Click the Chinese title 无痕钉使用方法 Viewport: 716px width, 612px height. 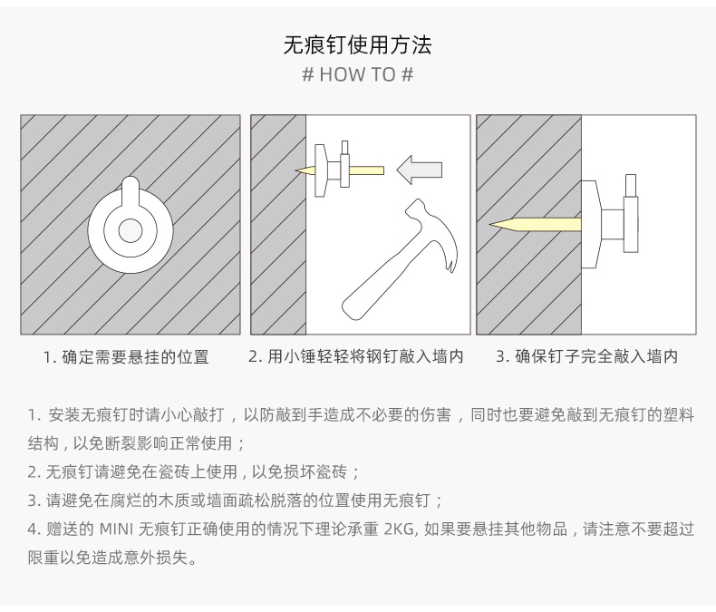tap(357, 44)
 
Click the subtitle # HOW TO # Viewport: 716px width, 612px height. tap(357, 74)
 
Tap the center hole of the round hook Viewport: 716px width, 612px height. tap(131, 230)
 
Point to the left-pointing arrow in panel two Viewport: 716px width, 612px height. tap(420, 170)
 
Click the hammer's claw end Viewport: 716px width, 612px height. tap(449, 256)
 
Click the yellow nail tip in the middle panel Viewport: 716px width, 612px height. tap(302, 170)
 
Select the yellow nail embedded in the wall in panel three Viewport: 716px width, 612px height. tap(535, 224)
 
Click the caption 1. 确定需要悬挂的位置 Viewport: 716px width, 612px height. tap(126, 357)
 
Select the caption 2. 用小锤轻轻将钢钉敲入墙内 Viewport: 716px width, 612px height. tap(356, 356)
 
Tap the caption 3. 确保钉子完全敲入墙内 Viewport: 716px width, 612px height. tap(587, 356)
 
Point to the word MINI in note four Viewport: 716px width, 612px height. tap(116, 529)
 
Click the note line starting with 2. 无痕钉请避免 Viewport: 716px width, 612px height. tap(194, 471)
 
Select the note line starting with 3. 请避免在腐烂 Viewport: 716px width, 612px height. tap(235, 500)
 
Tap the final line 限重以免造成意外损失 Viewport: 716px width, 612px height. tap(112, 558)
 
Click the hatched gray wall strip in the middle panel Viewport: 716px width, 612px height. tap(278, 224)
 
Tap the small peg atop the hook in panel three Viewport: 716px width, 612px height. tap(631, 185)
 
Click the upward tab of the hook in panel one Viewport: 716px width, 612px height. tap(131, 192)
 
